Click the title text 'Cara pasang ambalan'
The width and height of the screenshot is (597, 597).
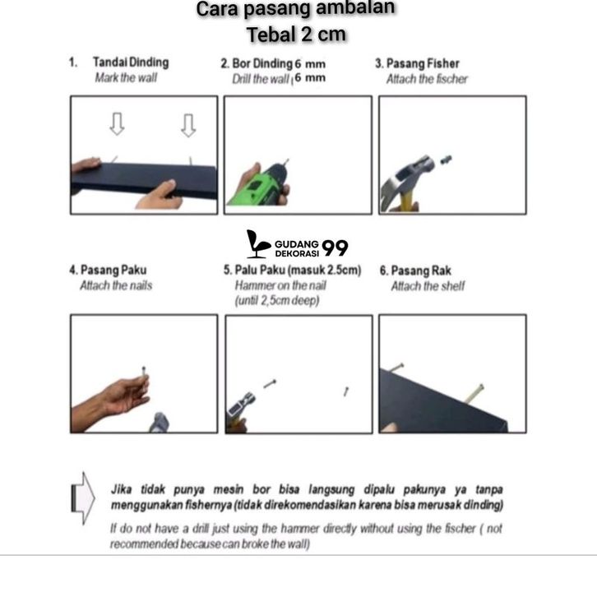(296, 10)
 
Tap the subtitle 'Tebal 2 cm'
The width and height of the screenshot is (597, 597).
(296, 35)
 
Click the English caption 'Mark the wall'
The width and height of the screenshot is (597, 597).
(125, 78)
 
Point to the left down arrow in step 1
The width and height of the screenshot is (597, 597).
(117, 124)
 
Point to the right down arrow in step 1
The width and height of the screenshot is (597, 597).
(188, 124)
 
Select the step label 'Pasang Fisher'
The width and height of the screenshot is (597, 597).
(428, 63)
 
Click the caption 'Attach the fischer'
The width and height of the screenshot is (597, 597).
(427, 79)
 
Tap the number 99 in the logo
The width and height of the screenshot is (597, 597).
(336, 248)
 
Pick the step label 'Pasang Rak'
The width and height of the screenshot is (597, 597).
(420, 271)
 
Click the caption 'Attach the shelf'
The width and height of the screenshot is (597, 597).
(427, 286)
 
